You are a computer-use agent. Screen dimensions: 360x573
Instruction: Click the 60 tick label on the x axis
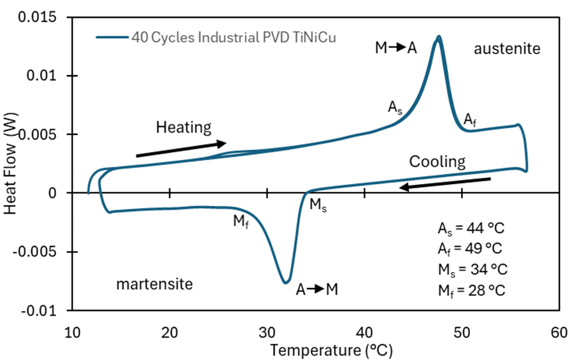(559, 333)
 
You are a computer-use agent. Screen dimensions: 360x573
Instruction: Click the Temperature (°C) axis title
(331, 350)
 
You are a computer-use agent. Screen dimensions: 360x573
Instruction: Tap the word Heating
(183, 127)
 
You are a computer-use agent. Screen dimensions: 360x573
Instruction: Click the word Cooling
(437, 161)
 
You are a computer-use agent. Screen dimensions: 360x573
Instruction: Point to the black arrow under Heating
(181, 148)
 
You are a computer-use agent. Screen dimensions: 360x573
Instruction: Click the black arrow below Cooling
(445, 184)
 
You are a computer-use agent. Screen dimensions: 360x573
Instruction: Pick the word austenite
(507, 48)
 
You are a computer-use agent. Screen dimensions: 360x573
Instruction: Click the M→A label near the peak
(395, 48)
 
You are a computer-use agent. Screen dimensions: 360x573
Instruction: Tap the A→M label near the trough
(316, 289)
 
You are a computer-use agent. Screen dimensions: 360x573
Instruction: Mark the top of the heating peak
(439, 37)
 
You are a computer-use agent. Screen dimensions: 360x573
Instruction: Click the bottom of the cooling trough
(286, 282)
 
